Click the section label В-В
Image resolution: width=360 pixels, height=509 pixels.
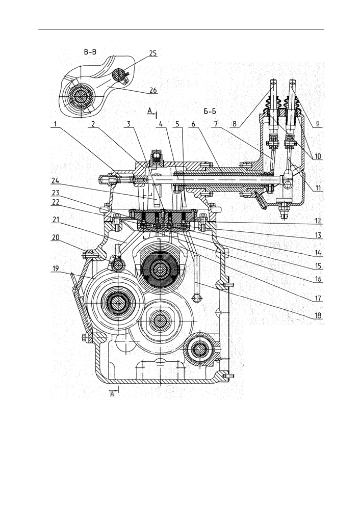[x=90, y=52]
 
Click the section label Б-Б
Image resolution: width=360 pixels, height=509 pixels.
[x=210, y=112]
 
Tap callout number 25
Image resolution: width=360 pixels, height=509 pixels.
[x=153, y=53]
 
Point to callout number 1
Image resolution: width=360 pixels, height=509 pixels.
[x=56, y=124]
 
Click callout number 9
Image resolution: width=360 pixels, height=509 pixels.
[x=318, y=124]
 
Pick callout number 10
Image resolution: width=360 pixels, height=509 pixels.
[x=318, y=156]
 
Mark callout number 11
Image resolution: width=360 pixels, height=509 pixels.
[x=318, y=187]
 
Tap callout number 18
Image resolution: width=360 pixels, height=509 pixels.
[x=318, y=315]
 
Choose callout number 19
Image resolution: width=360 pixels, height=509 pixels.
[x=56, y=269]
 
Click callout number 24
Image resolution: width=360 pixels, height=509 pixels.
[x=56, y=181]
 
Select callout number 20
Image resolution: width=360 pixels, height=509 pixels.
[x=56, y=237]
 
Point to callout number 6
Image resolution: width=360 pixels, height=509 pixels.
[x=193, y=124]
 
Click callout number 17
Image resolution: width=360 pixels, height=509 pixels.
[x=318, y=298]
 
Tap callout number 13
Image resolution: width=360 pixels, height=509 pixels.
[x=318, y=235]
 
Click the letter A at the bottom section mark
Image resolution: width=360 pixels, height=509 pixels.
[x=112, y=394]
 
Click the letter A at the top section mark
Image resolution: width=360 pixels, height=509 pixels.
[x=149, y=111]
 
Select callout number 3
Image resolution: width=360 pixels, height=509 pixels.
[x=128, y=124]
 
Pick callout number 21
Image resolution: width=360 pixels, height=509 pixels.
[x=56, y=220]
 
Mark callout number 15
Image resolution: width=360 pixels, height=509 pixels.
[x=318, y=266]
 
